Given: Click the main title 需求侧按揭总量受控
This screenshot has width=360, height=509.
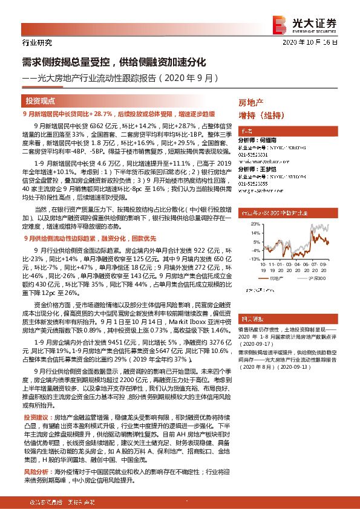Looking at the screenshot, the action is click(115, 62).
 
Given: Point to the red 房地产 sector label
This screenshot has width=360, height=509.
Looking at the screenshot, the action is click(251, 103).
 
